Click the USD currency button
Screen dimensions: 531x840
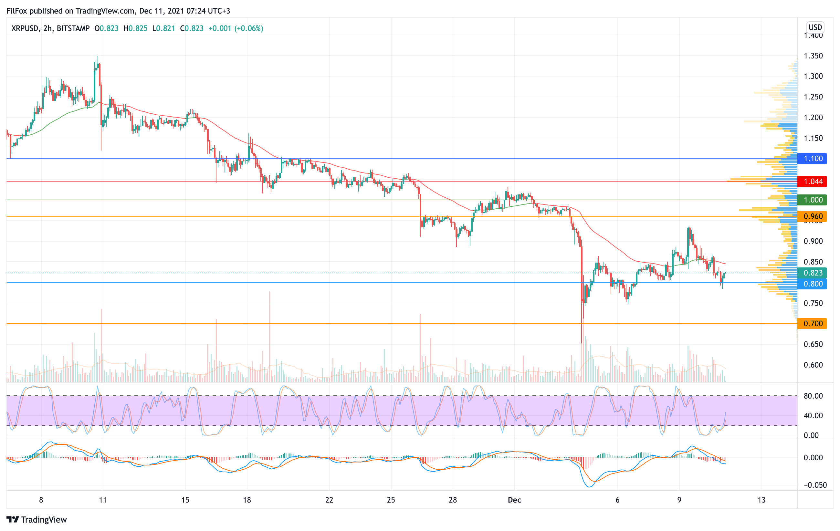[x=815, y=27]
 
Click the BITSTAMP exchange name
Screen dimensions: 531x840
[x=73, y=28]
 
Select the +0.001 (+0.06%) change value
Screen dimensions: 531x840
[x=236, y=28]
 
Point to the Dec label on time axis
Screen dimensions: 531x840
[x=514, y=500]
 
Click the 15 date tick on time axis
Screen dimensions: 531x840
[x=185, y=500]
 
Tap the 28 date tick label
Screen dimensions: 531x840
[x=452, y=500]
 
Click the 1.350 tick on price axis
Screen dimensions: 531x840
[x=813, y=56]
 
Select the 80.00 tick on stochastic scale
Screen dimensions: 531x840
[x=813, y=396]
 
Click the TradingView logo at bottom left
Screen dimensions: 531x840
[x=37, y=519]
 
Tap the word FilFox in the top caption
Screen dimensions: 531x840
[x=17, y=11]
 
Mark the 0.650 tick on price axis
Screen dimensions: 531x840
[x=813, y=344]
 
